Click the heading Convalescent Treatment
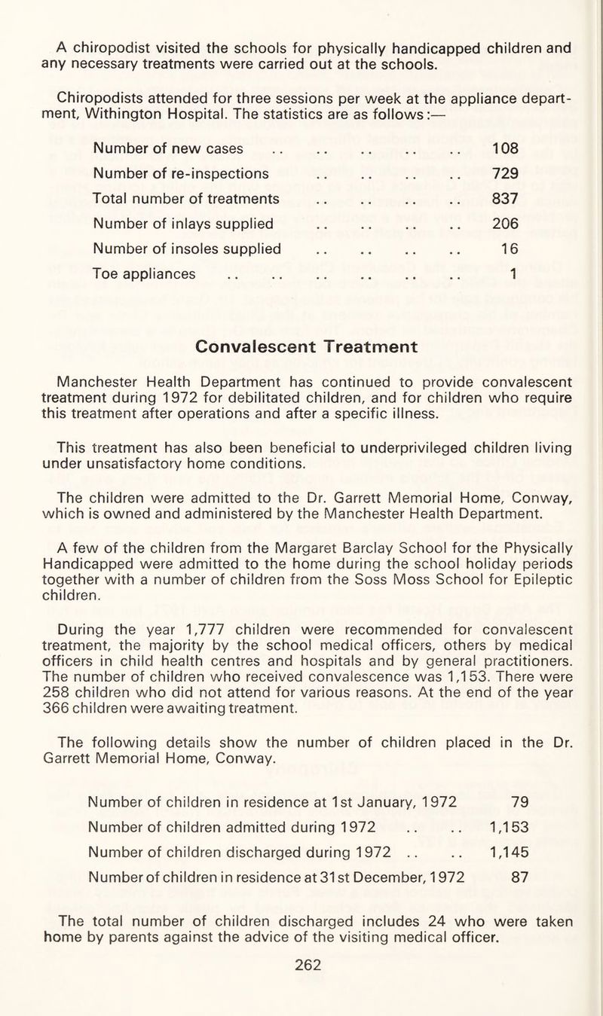click(306, 346)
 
